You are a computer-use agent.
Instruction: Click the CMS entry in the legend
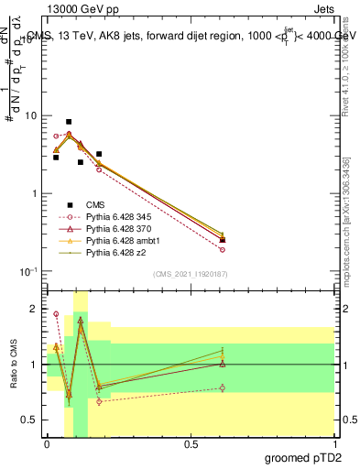coord(94,203)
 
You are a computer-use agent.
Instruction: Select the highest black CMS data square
coord(69,122)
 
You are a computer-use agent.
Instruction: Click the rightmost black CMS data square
coord(223,240)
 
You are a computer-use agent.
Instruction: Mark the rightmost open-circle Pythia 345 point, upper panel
coord(223,249)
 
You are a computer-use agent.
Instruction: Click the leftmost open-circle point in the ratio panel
coord(56,314)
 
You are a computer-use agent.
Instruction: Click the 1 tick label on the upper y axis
coord(34,194)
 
